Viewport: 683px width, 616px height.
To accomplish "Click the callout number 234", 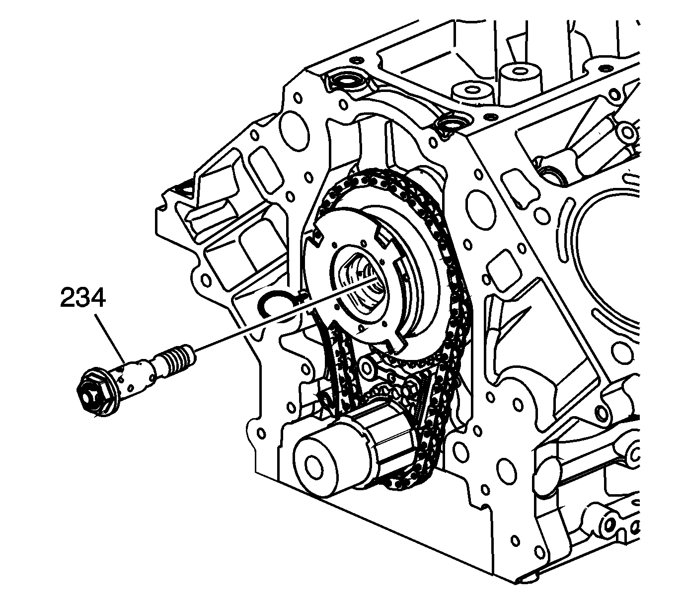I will pos(82,299).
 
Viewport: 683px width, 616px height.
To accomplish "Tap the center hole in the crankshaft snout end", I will pos(314,465).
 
